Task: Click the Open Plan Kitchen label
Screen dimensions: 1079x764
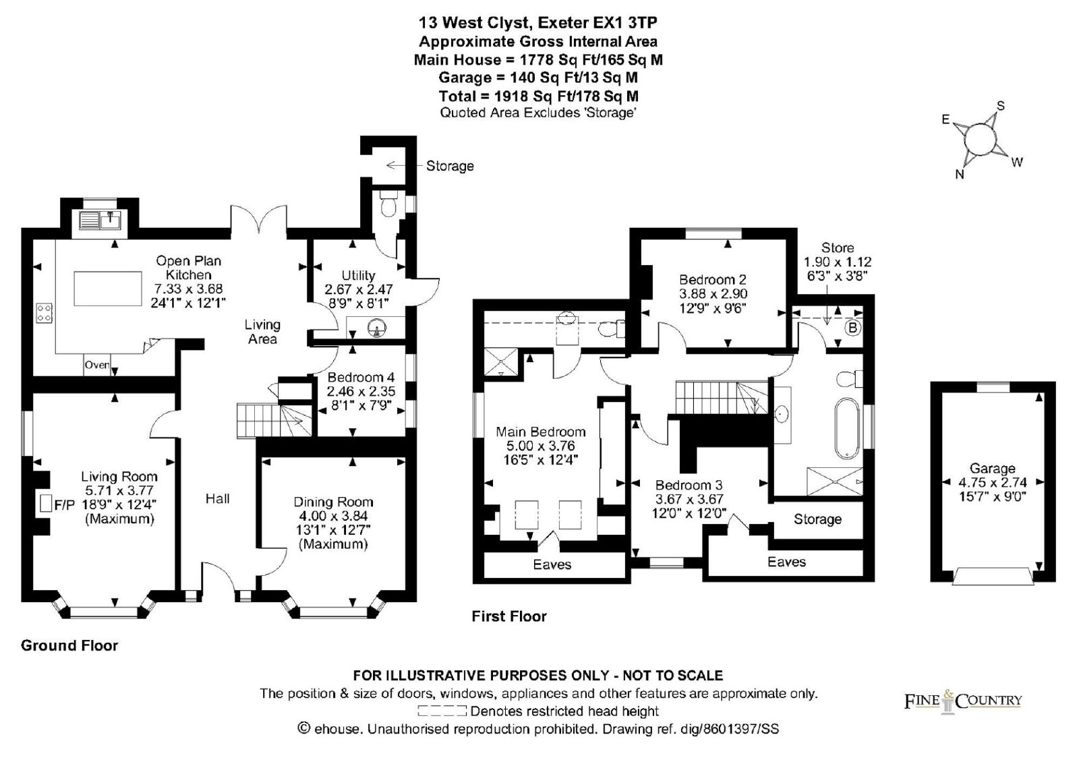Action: [188, 268]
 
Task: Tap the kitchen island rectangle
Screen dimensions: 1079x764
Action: [108, 289]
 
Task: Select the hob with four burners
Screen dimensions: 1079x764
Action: [45, 313]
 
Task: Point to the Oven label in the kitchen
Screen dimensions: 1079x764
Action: [97, 365]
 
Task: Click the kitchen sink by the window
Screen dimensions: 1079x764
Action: [100, 221]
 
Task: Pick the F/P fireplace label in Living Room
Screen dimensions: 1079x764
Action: [64, 505]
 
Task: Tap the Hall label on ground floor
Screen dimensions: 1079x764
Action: [217, 498]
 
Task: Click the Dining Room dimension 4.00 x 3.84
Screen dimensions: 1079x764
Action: [333, 516]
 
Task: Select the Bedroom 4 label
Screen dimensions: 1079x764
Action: [361, 377]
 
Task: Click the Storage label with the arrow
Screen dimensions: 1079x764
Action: [450, 166]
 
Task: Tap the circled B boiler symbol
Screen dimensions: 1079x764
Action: [852, 328]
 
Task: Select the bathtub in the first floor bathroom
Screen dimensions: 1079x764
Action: [847, 428]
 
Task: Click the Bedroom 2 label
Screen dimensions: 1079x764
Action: [713, 279]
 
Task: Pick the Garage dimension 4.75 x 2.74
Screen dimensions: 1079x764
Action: [992, 482]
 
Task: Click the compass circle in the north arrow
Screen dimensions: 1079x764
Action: [981, 139]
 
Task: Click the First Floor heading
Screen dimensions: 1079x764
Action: [509, 616]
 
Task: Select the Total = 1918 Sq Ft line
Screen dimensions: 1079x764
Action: [539, 96]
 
